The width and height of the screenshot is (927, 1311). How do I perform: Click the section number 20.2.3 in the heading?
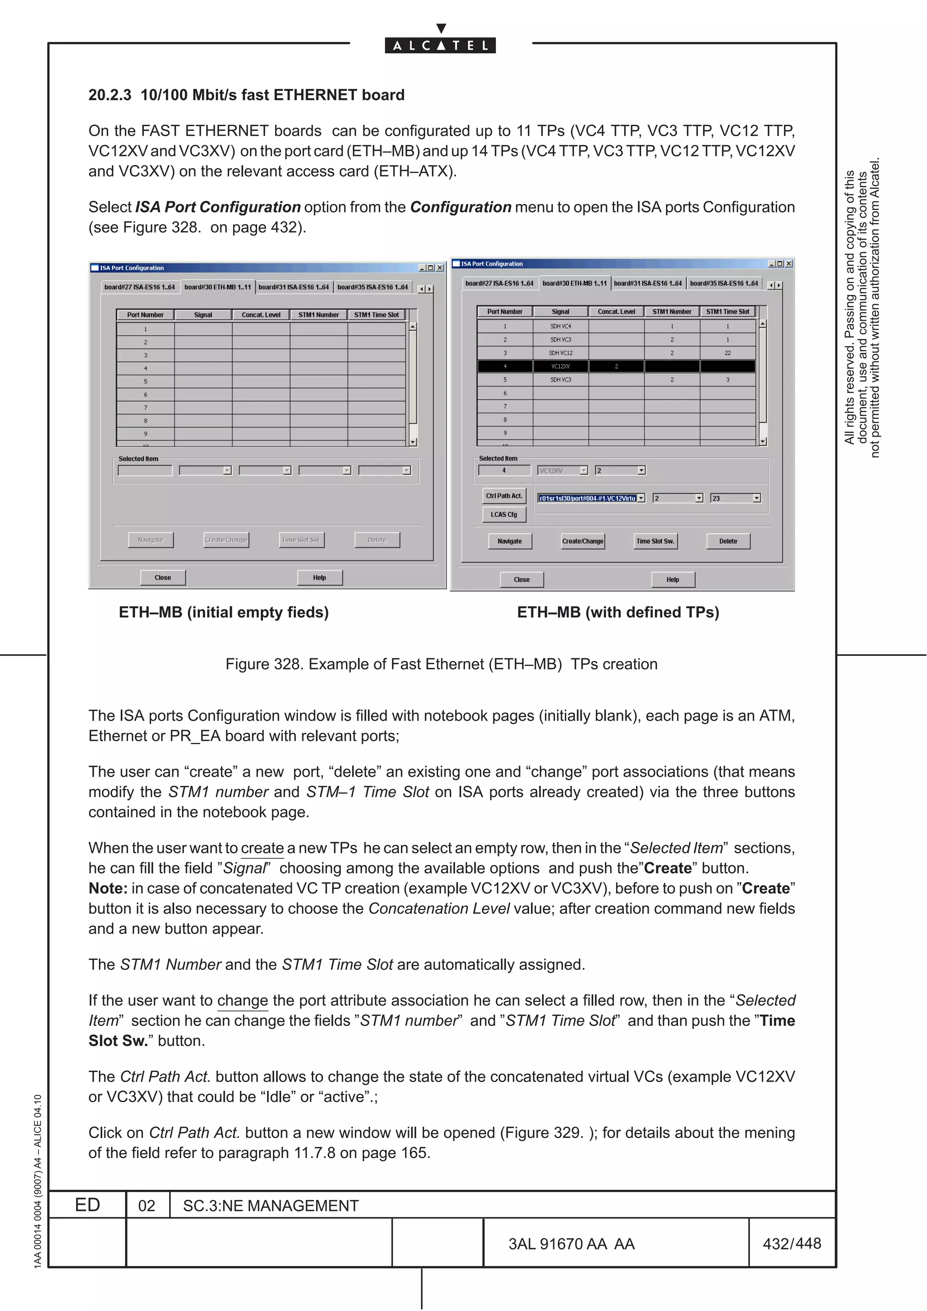[x=110, y=95]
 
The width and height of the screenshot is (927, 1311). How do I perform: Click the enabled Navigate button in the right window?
[x=510, y=541]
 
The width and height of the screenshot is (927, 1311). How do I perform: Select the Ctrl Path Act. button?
[x=504, y=496]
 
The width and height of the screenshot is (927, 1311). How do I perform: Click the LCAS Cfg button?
[x=504, y=514]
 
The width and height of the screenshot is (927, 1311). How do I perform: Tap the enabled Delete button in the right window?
[x=728, y=541]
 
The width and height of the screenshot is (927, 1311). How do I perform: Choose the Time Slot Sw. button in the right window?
[x=655, y=541]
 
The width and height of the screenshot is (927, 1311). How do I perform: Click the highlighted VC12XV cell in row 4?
[x=560, y=366]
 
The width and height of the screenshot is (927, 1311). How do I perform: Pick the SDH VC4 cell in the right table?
[x=560, y=326]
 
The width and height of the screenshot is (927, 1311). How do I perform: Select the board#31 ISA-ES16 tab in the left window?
[x=294, y=287]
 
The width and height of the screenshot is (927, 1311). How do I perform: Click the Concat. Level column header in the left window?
[x=261, y=314]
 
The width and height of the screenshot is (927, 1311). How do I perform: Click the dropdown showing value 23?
[x=735, y=498]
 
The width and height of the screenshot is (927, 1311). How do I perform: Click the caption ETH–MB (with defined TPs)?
[x=617, y=612]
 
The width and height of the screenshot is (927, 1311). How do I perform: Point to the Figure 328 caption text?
[x=441, y=664]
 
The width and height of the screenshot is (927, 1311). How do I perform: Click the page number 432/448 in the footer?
[x=791, y=1243]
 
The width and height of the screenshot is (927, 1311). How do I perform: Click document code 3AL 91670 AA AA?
[x=571, y=1244]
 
